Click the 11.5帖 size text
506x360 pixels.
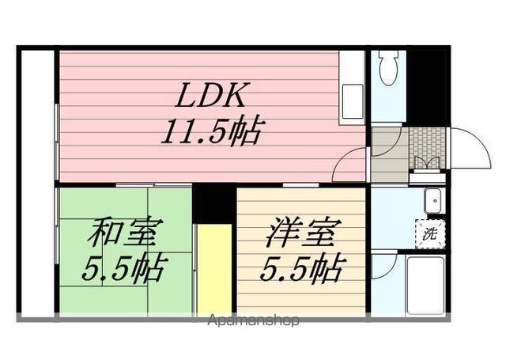(211, 131)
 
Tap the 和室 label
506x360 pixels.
(125, 235)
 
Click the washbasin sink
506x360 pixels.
(433, 201)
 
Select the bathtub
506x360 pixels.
(425, 282)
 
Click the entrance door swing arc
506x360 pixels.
(468, 148)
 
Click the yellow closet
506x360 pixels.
(213, 269)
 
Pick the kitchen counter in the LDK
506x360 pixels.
(352, 86)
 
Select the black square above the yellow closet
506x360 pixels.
(213, 204)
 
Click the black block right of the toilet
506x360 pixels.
(426, 85)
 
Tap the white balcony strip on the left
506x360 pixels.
(36, 182)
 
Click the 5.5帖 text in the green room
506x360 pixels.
(125, 269)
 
